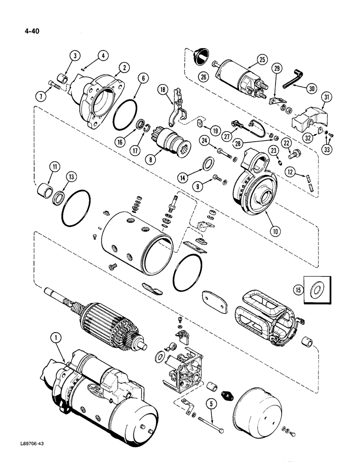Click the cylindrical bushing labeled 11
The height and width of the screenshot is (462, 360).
coord(45,189)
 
